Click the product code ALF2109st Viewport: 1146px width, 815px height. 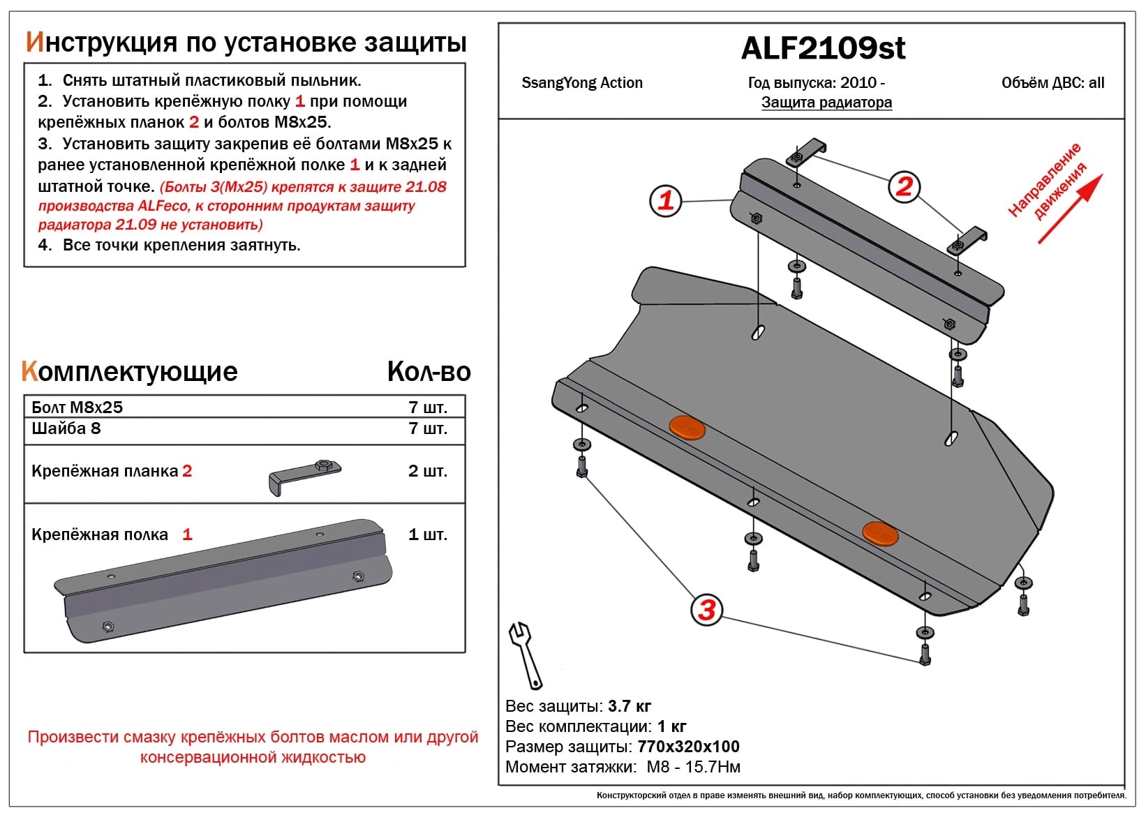(x=823, y=48)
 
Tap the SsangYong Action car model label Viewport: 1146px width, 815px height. (x=581, y=83)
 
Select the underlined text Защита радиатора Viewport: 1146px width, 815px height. (x=826, y=103)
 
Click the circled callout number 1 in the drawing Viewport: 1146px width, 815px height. (x=665, y=200)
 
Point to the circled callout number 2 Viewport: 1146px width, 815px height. (x=904, y=187)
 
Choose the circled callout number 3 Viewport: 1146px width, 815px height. (x=706, y=610)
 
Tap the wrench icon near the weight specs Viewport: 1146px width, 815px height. (x=525, y=655)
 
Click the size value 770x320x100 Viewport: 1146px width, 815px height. (x=688, y=747)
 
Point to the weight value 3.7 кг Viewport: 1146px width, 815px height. (x=630, y=706)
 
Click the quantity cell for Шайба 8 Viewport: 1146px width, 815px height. (x=427, y=428)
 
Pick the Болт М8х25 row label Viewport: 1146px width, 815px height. (x=77, y=407)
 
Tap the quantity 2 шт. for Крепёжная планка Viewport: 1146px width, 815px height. (x=427, y=471)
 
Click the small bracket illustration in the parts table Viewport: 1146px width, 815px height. (x=304, y=476)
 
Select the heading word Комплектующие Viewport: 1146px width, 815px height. (x=130, y=372)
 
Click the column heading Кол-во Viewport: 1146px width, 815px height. (x=429, y=372)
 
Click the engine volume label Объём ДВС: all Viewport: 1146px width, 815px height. (x=1052, y=83)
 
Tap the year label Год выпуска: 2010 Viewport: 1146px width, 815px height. (x=816, y=83)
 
